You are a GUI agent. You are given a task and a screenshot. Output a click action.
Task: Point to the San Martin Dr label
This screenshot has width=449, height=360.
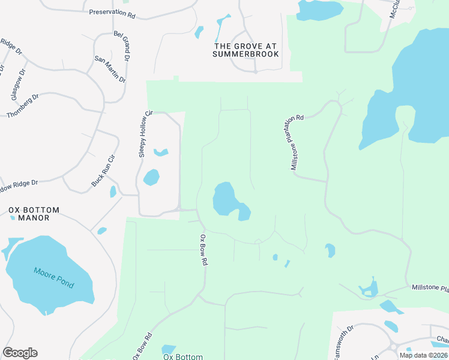pyautogui.click(x=110, y=69)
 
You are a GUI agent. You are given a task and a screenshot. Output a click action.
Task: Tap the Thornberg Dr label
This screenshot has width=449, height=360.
pyautogui.click(x=23, y=106)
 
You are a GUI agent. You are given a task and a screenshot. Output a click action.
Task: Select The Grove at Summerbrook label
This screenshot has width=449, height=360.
pyautogui.click(x=246, y=50)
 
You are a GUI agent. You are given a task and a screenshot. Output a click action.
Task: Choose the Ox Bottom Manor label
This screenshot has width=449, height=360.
pyautogui.click(x=34, y=214)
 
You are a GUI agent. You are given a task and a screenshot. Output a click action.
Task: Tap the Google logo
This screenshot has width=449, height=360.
pyautogui.click(x=20, y=353)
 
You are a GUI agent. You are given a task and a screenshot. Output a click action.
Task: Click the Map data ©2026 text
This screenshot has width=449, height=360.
pyautogui.click(x=424, y=355)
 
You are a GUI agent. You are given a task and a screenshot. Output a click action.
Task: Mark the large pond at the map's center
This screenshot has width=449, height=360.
pyautogui.click(x=229, y=201)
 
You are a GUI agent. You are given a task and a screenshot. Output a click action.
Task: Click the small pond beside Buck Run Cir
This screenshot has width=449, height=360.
pyautogui.click(x=113, y=192)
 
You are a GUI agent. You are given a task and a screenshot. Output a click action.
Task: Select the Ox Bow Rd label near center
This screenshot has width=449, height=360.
pyautogui.click(x=203, y=250)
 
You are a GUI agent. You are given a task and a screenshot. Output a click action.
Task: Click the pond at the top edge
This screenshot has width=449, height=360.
pyautogui.click(x=319, y=8)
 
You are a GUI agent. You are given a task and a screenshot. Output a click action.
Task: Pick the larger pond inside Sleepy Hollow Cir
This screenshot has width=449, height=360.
pyautogui.click(x=151, y=177)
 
